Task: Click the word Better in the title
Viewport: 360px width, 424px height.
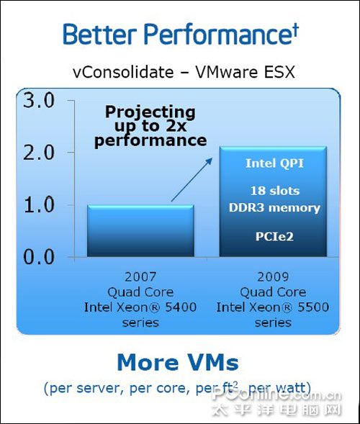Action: point(99,34)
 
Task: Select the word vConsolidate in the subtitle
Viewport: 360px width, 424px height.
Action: point(123,72)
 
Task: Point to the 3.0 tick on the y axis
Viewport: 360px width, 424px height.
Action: point(39,101)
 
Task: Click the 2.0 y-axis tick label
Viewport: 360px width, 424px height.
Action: point(39,153)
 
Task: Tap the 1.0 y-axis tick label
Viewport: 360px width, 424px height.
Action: point(39,204)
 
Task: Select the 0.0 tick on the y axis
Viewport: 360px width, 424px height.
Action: point(39,256)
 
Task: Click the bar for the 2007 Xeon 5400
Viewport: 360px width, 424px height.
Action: point(140,230)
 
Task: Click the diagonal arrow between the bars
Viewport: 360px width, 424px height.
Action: point(192,179)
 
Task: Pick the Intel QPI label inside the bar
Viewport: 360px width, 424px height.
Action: point(274,163)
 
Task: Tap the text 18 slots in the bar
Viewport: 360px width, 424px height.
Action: point(275,191)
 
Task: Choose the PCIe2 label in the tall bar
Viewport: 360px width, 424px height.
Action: point(274,236)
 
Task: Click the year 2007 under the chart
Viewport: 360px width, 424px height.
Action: point(140,276)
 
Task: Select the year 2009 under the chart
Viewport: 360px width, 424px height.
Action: point(273,276)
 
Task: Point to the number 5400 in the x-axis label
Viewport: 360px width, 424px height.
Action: point(181,307)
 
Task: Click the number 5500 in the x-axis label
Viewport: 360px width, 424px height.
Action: point(313,307)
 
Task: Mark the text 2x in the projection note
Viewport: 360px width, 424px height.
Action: point(176,126)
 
